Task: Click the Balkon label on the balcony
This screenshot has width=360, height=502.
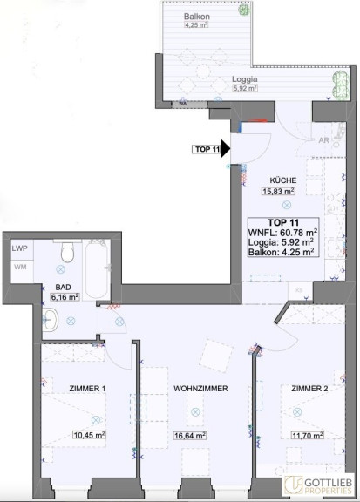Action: pyautogui.click(x=197, y=16)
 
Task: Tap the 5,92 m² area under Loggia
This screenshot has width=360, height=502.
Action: pyautogui.click(x=245, y=88)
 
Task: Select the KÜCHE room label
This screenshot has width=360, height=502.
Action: pyautogui.click(x=283, y=180)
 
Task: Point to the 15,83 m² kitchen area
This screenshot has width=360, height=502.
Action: pyautogui.click(x=278, y=192)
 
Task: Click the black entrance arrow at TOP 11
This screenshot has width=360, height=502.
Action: pyautogui.click(x=226, y=149)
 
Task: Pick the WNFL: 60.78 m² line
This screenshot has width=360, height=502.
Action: pyautogui.click(x=283, y=232)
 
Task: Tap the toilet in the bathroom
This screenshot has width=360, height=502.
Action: pyautogui.click(x=68, y=251)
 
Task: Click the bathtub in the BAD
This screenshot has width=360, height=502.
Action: pyautogui.click(x=97, y=269)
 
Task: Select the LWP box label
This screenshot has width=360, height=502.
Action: pyautogui.click(x=19, y=248)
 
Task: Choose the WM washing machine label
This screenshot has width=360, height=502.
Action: pyautogui.click(x=20, y=267)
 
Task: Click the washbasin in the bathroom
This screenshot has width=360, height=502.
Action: pyautogui.click(x=50, y=320)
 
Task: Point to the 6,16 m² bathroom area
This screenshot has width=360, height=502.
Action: pyautogui.click(x=65, y=297)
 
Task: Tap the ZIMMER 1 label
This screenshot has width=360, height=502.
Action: pyautogui.click(x=87, y=389)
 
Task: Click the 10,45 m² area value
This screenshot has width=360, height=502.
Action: pyautogui.click(x=90, y=435)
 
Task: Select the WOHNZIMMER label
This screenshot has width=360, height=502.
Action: pyautogui.click(x=200, y=389)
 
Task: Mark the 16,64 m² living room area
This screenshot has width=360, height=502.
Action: pyautogui.click(x=190, y=436)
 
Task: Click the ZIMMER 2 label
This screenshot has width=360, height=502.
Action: pyautogui.click(x=309, y=389)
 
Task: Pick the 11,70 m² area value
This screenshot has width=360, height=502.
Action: pyautogui.click(x=307, y=436)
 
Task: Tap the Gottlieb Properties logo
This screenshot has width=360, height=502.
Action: pyautogui.click(x=319, y=485)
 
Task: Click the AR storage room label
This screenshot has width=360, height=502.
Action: pyautogui.click(x=323, y=140)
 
